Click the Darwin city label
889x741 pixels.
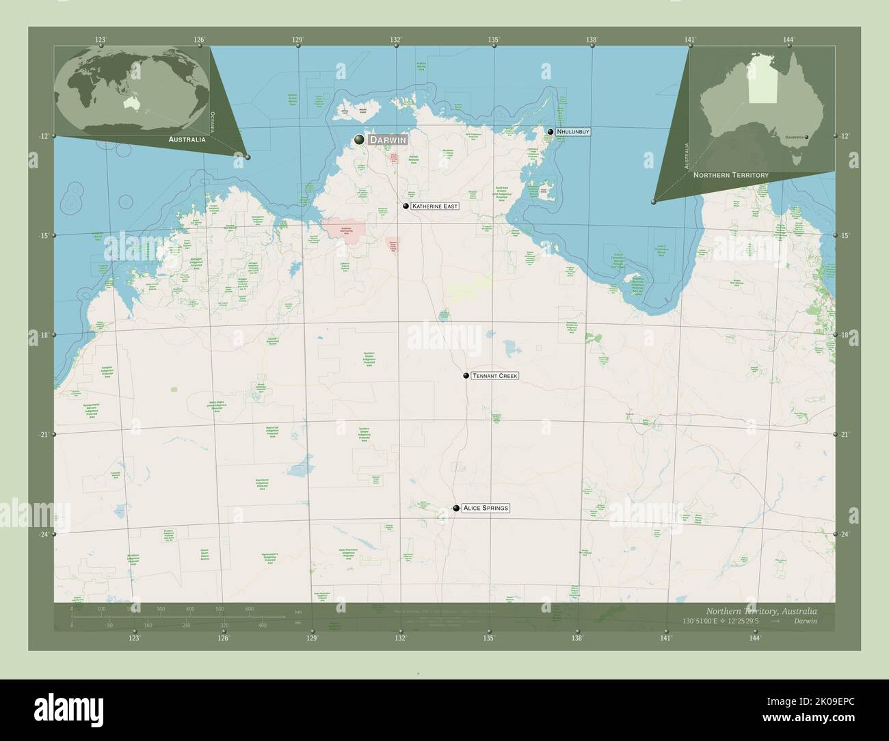[388, 139]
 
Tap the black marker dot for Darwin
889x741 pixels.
[360, 139]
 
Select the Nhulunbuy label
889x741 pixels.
[573, 131]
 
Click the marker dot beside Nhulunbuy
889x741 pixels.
[550, 131]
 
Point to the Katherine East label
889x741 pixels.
[435, 206]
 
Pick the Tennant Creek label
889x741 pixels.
[495, 376]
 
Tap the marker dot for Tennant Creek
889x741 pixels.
[466, 376]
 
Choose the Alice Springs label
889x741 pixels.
[486, 509]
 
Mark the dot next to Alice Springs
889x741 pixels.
[456, 509]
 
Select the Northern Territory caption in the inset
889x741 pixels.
[730, 176]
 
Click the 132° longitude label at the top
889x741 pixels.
[396, 40]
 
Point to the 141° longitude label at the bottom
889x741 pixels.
[666, 638]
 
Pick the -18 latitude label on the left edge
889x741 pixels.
[44, 335]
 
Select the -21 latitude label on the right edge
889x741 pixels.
[845, 435]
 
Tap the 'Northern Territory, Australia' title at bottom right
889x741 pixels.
[760, 610]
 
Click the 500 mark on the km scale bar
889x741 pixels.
[220, 608]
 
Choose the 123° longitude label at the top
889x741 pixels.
[101, 40]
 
